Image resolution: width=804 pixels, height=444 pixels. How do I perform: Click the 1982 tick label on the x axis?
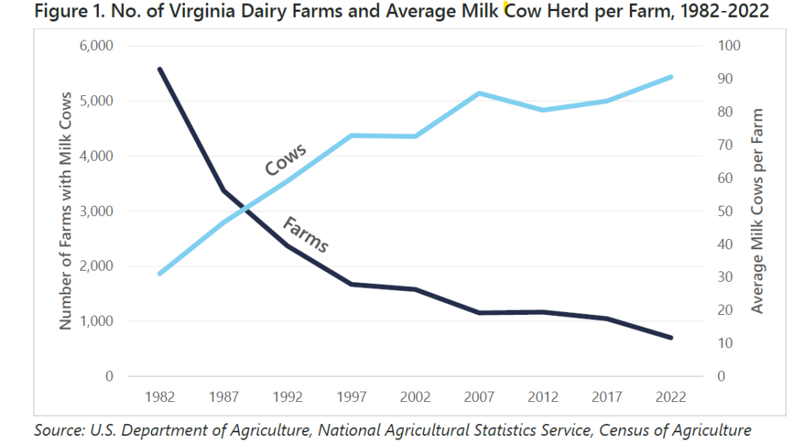(160, 397)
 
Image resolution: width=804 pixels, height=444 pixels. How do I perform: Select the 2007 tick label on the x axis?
(479, 397)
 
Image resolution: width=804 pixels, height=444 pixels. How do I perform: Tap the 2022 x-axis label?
(670, 397)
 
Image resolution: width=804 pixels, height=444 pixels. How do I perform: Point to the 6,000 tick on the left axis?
(96, 46)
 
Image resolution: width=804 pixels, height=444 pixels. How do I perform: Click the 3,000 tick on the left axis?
(96, 211)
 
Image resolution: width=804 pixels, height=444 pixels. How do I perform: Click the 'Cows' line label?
(285, 160)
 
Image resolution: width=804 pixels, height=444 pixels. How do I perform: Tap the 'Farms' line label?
(305, 235)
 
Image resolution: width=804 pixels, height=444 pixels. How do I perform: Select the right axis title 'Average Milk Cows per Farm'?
(758, 211)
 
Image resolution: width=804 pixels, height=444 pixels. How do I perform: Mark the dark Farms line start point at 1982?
(160, 69)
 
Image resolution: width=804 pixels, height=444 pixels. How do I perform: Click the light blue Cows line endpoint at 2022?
(670, 77)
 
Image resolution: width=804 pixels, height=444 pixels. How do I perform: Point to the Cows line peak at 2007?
(479, 94)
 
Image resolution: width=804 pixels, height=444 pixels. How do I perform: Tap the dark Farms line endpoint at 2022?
(670, 338)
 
